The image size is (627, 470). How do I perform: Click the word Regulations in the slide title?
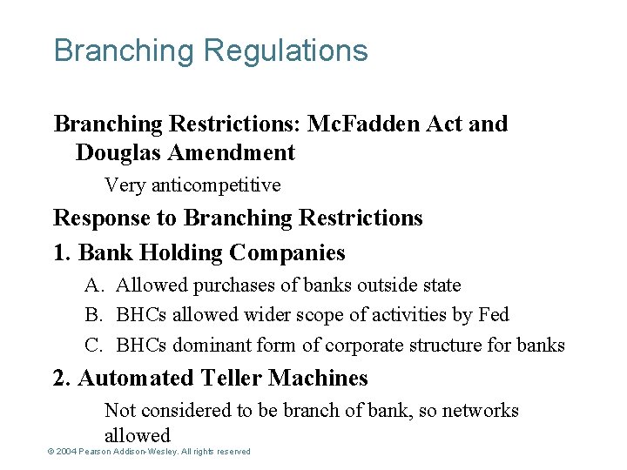[286, 51]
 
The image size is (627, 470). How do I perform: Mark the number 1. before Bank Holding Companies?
[63, 253]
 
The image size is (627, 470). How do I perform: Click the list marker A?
[94, 285]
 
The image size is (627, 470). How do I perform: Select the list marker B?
[94, 315]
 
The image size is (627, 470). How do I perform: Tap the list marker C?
[94, 346]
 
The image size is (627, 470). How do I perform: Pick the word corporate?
[362, 346]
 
